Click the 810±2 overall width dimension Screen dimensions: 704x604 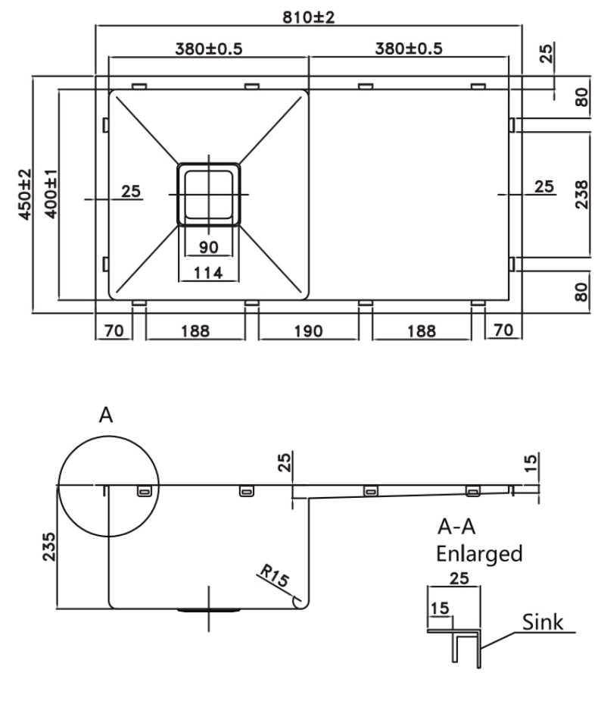[x=309, y=16]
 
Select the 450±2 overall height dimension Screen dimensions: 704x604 [x=24, y=194]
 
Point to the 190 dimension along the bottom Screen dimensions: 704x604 [x=308, y=330]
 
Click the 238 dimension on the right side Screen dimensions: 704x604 [x=581, y=195]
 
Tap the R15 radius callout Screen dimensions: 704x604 [x=274, y=579]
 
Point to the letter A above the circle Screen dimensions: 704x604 [x=106, y=415]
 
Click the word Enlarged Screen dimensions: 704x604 [x=479, y=553]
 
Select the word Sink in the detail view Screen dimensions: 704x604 [x=543, y=623]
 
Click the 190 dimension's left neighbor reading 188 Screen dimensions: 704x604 [x=195, y=330]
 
